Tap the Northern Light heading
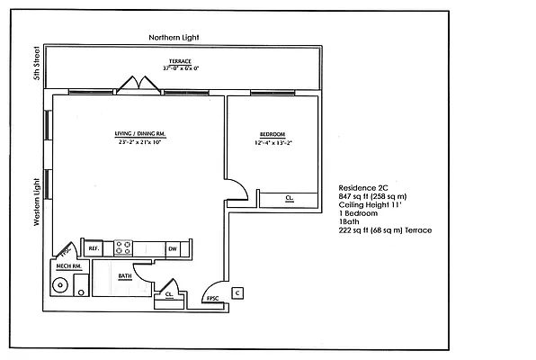pos(174,38)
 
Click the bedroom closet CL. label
pos(289,198)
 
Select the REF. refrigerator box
pos(93,247)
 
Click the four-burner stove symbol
pos(122,247)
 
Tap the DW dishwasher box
pos(172,247)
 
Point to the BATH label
pos(125,276)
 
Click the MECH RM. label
pos(69,267)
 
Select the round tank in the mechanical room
pos(61,286)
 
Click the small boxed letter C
pos(237,292)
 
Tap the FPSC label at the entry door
pos(213,298)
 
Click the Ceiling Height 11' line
pos(371,204)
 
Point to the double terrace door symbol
pos(134,83)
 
